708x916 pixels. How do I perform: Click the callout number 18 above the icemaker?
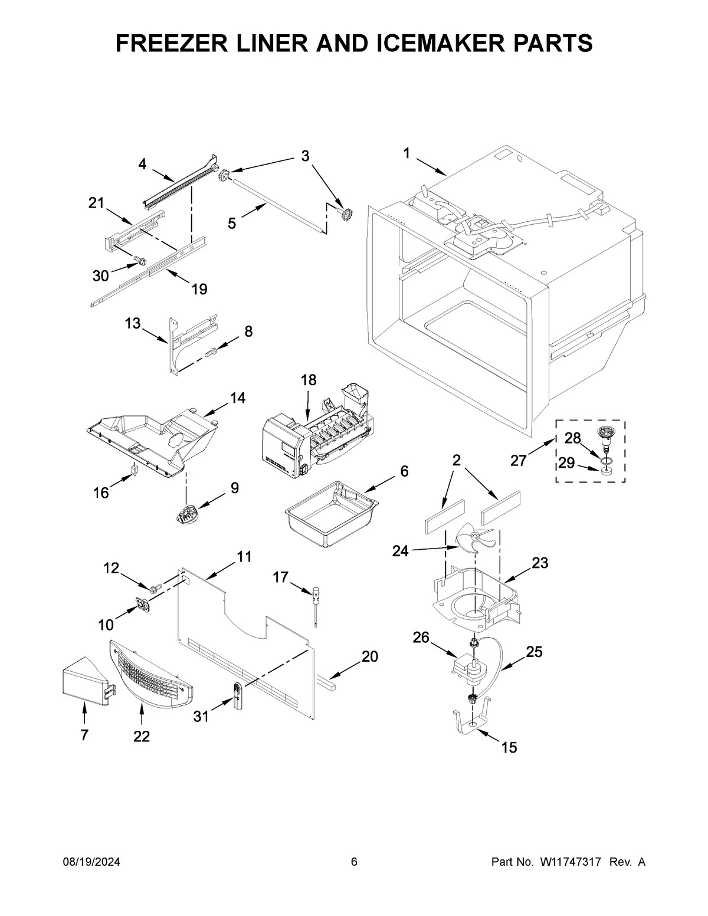[309, 380]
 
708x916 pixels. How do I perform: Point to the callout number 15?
[509, 748]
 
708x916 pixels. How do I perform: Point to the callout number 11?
[244, 556]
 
